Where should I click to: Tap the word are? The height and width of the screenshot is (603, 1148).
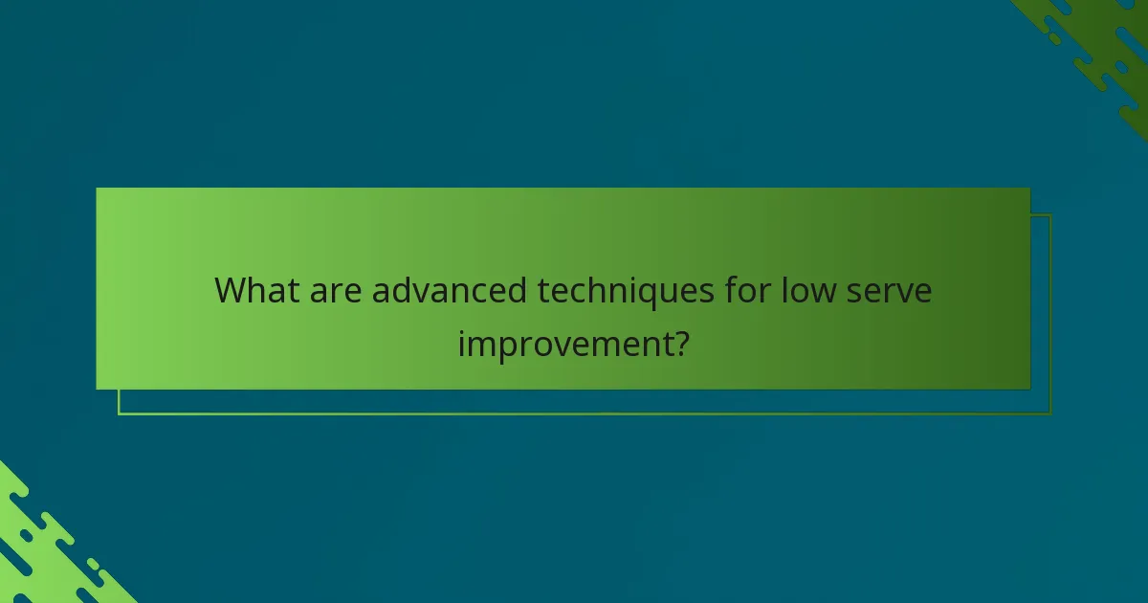coord(337,290)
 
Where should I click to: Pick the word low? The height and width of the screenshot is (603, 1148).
coord(809,290)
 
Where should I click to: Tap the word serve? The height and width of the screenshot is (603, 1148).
coord(892,290)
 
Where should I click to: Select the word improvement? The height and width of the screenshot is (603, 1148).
coord(563,344)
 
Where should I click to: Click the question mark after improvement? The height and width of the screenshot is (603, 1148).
coord(678,343)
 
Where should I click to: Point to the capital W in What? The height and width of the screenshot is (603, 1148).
coord(231,290)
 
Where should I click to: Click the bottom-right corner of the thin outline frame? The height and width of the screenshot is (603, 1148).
coord(1050,414)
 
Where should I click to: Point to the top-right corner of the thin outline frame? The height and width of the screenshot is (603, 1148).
coord(1050,215)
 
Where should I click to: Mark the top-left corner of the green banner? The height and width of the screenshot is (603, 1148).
coord(97,189)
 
